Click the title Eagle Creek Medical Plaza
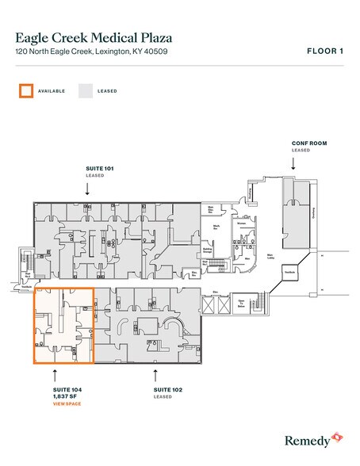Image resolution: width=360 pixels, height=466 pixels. pyautogui.click(x=94, y=36)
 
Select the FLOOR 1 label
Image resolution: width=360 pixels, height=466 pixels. pyautogui.click(x=324, y=51)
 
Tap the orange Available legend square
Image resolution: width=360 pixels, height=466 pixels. pyautogui.click(x=25, y=91)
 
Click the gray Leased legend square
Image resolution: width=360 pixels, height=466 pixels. pyautogui.click(x=84, y=91)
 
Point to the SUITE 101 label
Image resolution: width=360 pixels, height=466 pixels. pyautogui.click(x=99, y=169)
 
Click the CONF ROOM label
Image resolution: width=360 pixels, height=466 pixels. pyautogui.click(x=308, y=143)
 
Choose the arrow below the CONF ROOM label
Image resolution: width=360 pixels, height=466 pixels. pyautogui.click(x=293, y=162)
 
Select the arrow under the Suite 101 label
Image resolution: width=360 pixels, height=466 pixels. pyautogui.click(x=86, y=188)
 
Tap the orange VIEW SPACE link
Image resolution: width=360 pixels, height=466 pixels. pyautogui.click(x=67, y=404)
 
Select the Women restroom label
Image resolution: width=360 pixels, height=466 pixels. pyautogui.click(x=242, y=223)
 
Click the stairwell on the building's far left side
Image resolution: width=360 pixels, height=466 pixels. pyautogui.click(x=29, y=260)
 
